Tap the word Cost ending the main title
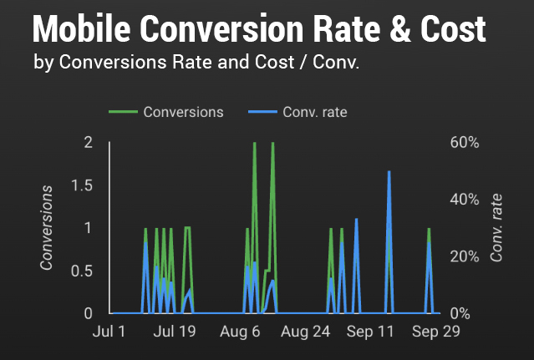point(451,30)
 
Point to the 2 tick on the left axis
point(89,142)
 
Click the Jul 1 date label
point(109,332)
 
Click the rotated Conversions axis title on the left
point(48,227)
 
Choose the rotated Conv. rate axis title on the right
point(497,227)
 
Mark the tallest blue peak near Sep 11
point(389,172)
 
